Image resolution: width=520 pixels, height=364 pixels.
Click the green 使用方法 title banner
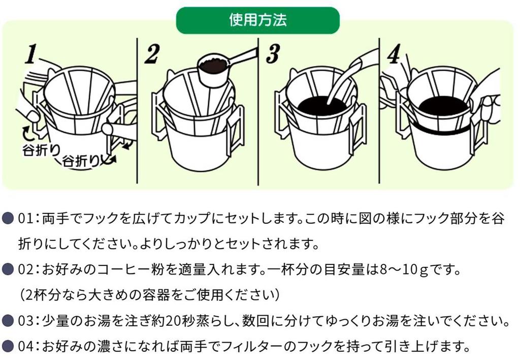pos(257,20)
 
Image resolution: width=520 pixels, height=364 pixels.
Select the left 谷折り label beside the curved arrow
pos(37,150)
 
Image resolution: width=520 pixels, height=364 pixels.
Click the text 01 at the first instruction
pos(25,219)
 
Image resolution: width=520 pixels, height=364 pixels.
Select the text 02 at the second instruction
pos(25,269)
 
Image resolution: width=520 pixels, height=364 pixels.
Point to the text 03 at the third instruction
pos(25,321)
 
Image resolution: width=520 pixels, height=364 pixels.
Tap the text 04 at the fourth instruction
pos(25,347)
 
